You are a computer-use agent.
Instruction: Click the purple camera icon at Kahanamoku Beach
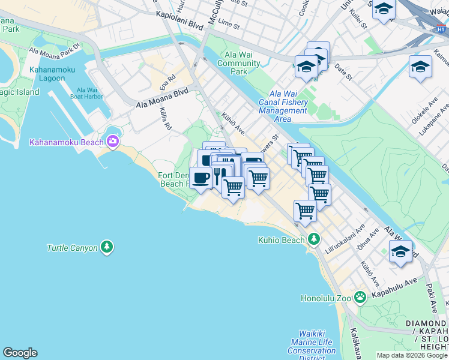(112, 142)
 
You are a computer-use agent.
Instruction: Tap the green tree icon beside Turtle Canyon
(107, 247)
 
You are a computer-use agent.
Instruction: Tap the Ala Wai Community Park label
(239, 64)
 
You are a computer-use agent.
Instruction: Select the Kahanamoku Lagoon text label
(52, 74)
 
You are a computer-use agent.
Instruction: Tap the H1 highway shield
(439, 28)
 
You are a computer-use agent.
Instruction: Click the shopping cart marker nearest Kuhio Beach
(305, 211)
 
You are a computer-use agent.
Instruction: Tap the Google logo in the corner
(20, 353)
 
